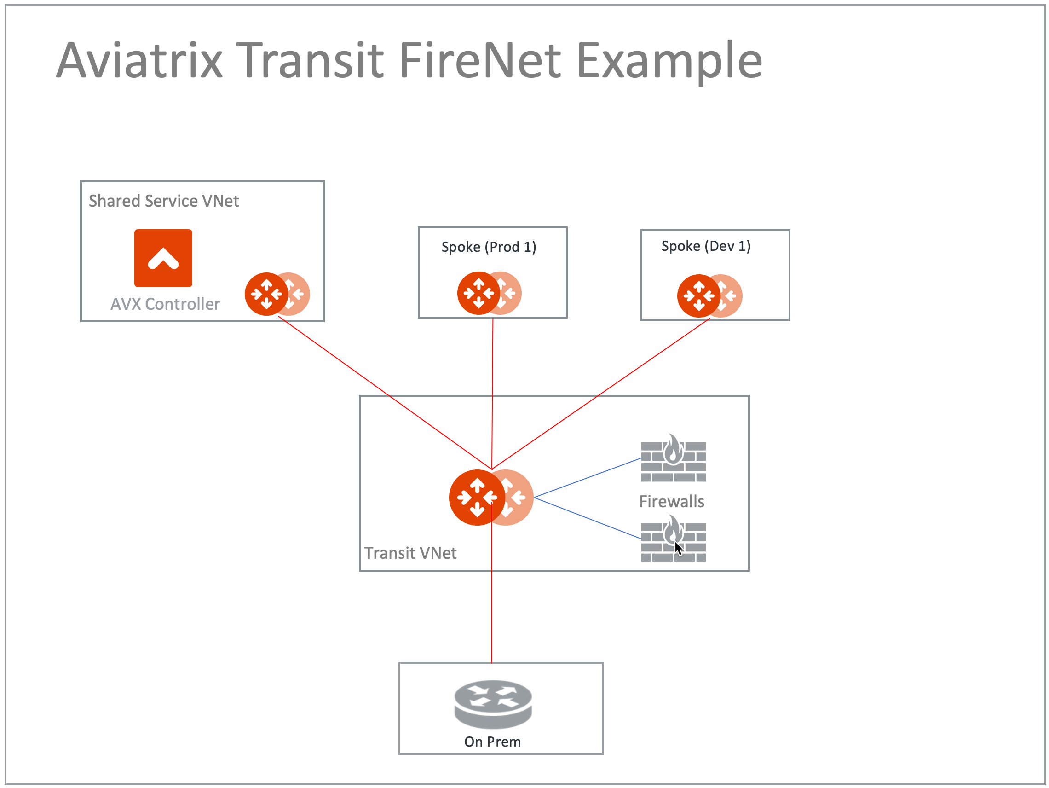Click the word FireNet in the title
(480, 60)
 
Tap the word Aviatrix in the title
(139, 60)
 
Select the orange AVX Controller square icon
(163, 258)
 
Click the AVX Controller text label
(165, 304)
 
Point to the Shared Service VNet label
(164, 201)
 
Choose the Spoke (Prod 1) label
(489, 247)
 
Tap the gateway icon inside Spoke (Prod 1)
(489, 293)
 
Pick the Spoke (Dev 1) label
(706, 246)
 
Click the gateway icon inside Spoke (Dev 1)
(709, 296)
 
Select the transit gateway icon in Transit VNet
(490, 498)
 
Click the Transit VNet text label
(410, 553)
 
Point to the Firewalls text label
(672, 501)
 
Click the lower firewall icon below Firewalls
(673, 540)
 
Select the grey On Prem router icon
(493, 704)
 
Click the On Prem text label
(492, 742)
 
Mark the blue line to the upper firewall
(588, 478)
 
